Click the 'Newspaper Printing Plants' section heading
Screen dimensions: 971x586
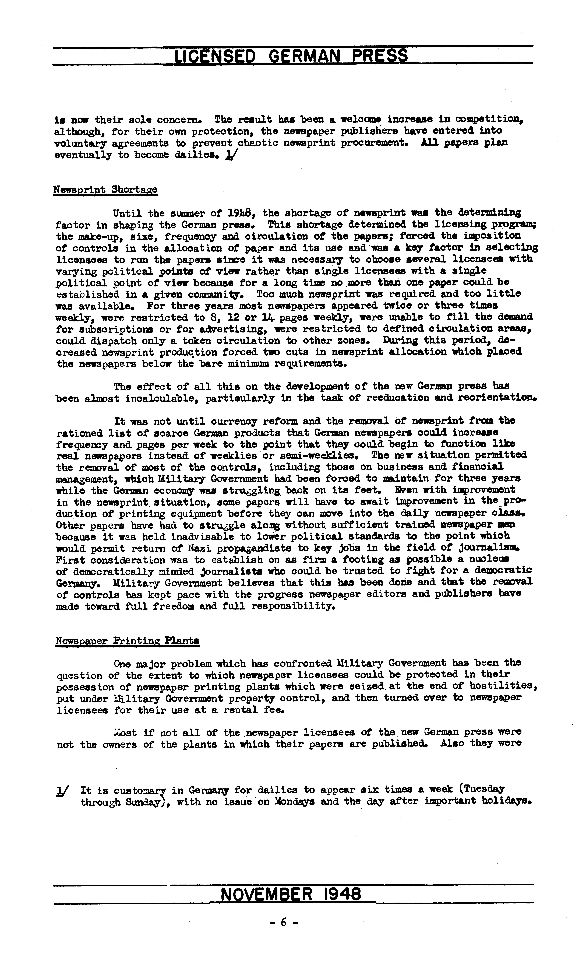[x=127, y=640]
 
